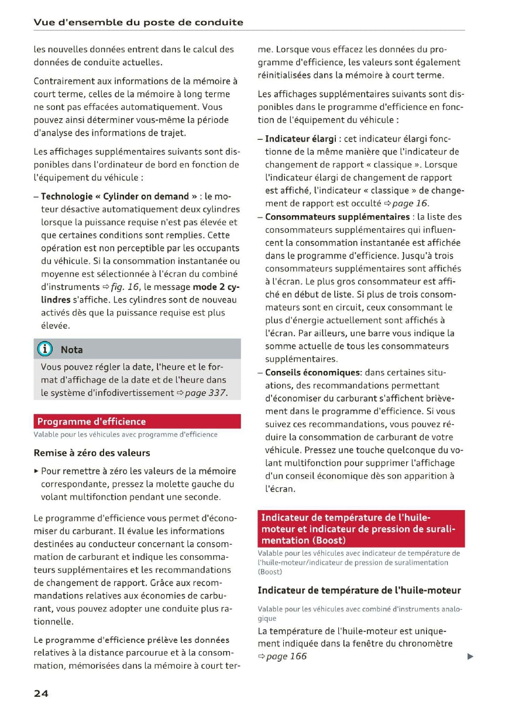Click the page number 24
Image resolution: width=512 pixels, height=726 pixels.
click(x=41, y=693)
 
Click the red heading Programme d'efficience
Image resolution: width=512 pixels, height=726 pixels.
click(x=91, y=421)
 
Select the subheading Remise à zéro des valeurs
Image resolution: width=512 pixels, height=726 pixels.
click(x=92, y=453)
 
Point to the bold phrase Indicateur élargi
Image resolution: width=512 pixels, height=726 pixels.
click(x=301, y=139)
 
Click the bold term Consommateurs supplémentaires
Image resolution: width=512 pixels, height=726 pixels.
click(x=338, y=217)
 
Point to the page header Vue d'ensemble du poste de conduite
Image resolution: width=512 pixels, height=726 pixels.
click(x=138, y=22)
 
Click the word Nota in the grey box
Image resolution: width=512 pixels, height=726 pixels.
click(x=72, y=350)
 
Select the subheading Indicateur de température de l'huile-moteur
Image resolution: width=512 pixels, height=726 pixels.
click(x=359, y=590)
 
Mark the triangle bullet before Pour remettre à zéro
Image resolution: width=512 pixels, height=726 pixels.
click(x=36, y=471)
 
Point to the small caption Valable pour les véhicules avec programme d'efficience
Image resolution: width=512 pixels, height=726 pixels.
click(x=125, y=435)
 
